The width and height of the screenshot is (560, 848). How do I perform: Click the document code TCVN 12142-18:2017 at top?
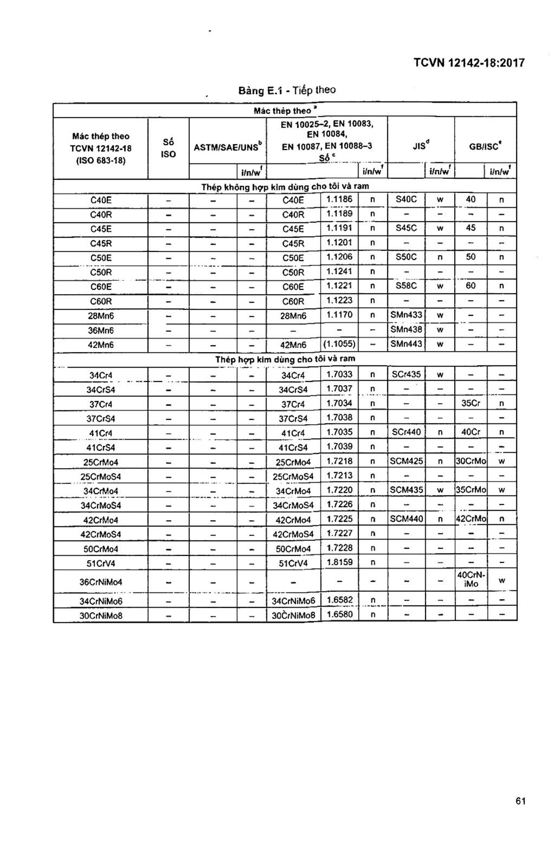(x=469, y=63)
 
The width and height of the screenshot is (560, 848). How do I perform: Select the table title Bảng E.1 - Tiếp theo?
(x=287, y=90)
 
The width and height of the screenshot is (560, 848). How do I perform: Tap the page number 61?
(x=521, y=801)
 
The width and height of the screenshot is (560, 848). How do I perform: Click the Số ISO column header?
(x=168, y=148)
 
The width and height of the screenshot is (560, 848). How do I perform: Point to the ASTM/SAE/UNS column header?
(x=228, y=147)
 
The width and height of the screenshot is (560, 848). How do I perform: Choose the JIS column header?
(x=421, y=146)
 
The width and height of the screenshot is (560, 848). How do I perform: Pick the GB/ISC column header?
(x=485, y=146)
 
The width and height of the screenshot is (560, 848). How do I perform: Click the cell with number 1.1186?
(x=339, y=199)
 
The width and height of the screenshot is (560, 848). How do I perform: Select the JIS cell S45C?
(x=406, y=228)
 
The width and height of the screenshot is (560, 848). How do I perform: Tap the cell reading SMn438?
(x=406, y=329)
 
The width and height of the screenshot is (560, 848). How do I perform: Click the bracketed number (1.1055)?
(x=339, y=344)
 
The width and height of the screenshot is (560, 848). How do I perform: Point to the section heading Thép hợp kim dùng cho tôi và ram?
(x=285, y=359)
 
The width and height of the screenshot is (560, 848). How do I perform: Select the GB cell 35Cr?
(x=471, y=403)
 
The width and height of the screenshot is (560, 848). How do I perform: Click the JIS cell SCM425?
(x=406, y=461)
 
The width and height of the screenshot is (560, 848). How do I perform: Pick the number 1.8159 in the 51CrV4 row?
(x=339, y=562)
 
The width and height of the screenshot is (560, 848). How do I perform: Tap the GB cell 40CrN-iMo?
(x=471, y=580)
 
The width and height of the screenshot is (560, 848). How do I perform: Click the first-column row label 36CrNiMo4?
(x=101, y=582)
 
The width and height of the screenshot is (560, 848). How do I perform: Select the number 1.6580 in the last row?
(x=339, y=614)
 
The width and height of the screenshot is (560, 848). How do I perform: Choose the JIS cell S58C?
(x=406, y=286)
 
